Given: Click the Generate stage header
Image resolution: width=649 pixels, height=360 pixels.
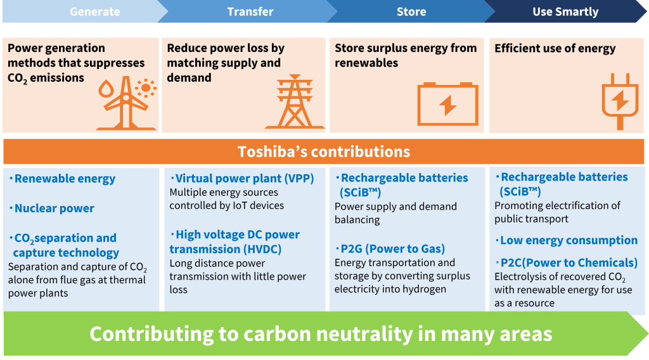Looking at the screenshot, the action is [95, 11].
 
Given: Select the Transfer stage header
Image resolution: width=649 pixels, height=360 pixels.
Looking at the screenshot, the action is [250, 11].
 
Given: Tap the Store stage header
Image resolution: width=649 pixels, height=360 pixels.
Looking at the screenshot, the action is [411, 11].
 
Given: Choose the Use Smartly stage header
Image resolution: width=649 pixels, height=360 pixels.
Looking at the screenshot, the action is [565, 11].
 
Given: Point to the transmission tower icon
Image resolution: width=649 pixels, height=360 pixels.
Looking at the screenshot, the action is [295, 102].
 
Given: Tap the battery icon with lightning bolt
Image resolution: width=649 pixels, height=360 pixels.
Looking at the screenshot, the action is [448, 104].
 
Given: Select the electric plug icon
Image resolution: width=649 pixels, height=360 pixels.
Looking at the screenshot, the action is [620, 102].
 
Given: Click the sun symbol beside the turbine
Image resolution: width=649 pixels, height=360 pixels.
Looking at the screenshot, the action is [146, 87].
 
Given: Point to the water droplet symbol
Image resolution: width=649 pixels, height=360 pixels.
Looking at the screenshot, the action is [106, 89].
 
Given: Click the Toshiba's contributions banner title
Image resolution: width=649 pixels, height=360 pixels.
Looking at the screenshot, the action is [324, 151].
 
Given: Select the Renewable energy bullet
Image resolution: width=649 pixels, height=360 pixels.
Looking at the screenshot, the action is [62, 179].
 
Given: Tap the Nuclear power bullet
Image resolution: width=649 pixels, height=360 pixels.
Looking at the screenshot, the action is [52, 208].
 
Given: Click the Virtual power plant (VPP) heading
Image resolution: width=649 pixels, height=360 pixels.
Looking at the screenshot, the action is [242, 178].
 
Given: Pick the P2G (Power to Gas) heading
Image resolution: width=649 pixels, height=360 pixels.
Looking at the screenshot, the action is [390, 248].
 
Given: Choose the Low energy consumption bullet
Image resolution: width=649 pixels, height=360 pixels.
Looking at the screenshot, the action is [566, 240].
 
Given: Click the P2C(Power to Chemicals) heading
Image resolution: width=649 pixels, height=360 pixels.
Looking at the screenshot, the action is [566, 263].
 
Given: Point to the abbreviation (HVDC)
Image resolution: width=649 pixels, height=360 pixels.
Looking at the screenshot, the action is [256, 249].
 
